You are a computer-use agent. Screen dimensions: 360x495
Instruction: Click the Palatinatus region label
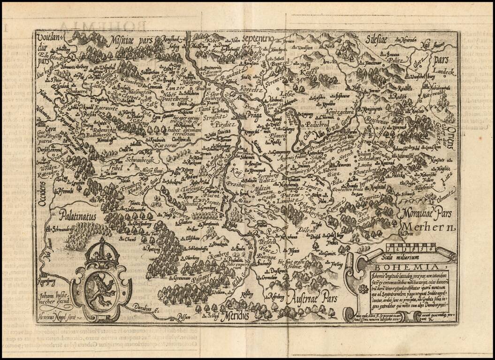(x=77, y=217)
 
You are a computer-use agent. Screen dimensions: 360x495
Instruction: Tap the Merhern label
(x=428, y=228)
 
